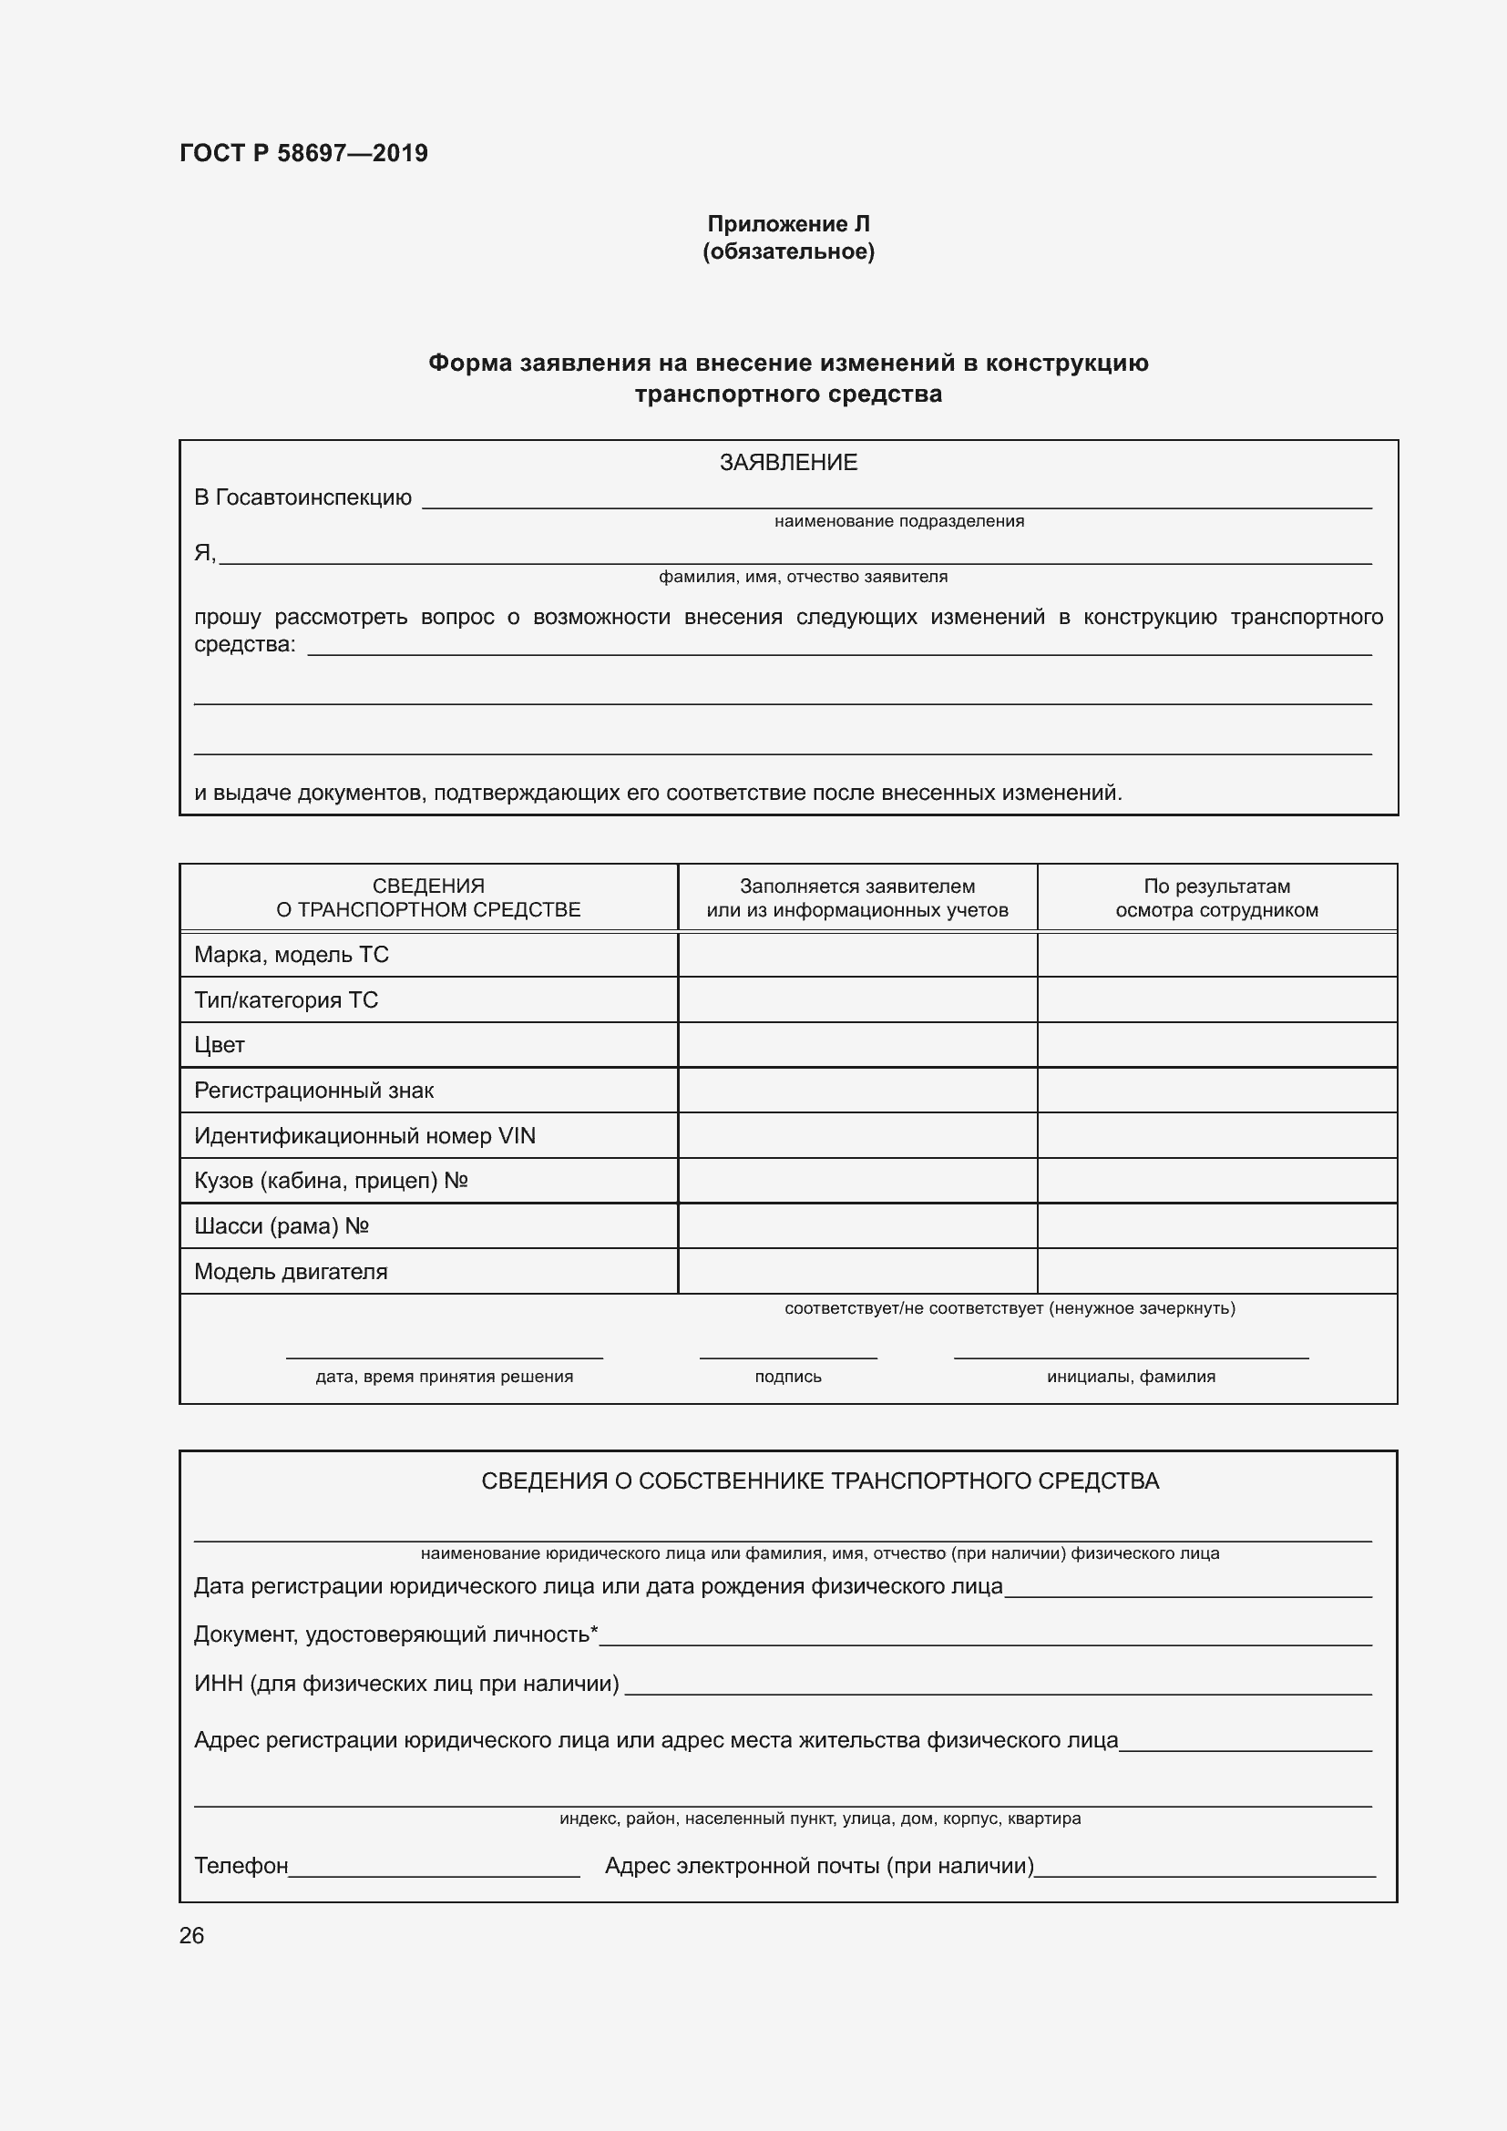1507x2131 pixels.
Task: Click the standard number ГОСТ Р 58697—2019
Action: tap(303, 153)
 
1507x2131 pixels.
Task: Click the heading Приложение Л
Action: tap(788, 224)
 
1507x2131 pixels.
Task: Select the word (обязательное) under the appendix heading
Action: tap(788, 251)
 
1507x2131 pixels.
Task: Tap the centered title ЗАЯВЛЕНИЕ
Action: tap(788, 462)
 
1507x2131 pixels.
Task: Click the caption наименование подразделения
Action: tap(898, 522)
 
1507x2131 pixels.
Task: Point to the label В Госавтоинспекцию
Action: tap(302, 497)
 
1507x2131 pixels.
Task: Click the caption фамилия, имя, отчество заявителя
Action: tap(803, 578)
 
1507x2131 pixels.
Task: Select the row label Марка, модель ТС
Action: tap(292, 954)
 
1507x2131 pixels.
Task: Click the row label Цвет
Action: tap(219, 1045)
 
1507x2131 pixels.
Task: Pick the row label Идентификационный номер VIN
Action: tap(364, 1136)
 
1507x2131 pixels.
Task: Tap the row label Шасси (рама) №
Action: tap(282, 1226)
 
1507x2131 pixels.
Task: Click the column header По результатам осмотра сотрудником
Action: tap(1215, 897)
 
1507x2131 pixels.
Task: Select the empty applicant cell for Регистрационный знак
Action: tap(856, 1091)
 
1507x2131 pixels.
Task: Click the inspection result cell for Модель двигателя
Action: tap(1215, 1272)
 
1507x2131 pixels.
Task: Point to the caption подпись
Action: tap(788, 1377)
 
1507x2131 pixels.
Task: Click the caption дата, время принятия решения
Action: tap(444, 1377)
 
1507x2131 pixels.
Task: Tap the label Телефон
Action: tap(241, 1866)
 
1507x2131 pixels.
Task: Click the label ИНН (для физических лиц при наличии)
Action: tap(406, 1684)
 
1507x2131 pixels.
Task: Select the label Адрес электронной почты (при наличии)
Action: tap(818, 1866)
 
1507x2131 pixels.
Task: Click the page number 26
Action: tap(191, 1935)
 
